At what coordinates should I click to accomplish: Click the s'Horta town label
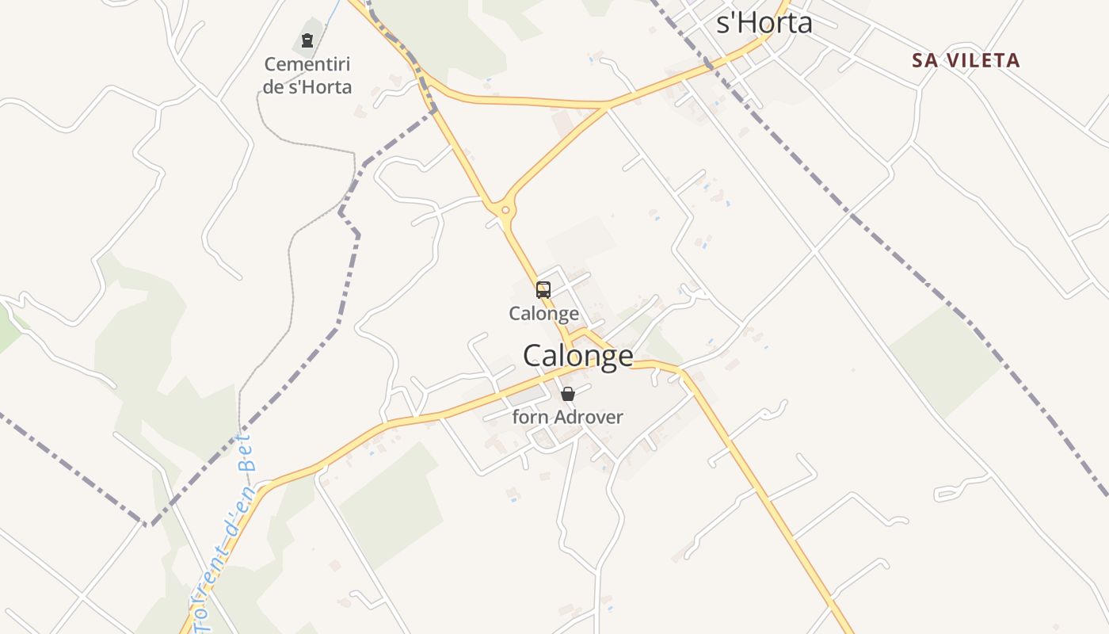[x=764, y=22]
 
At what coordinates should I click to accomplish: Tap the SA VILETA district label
[x=966, y=60]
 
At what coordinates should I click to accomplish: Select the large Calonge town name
[x=577, y=355]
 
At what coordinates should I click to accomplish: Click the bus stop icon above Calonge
[x=543, y=290]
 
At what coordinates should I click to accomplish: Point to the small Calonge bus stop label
[x=543, y=313]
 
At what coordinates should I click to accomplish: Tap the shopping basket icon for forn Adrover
[x=568, y=394]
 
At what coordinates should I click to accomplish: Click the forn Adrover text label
[x=567, y=417]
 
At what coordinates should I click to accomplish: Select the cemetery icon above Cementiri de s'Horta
[x=307, y=40]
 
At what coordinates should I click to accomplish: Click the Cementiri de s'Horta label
[x=307, y=75]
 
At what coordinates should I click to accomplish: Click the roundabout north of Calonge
[x=504, y=210]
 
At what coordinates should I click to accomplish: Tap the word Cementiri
[x=307, y=64]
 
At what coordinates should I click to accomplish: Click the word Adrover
[x=589, y=417]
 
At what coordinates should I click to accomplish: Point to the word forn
[x=529, y=417]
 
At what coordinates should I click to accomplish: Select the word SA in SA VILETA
[x=924, y=60]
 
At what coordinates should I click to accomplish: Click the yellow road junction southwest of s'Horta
[x=605, y=105]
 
